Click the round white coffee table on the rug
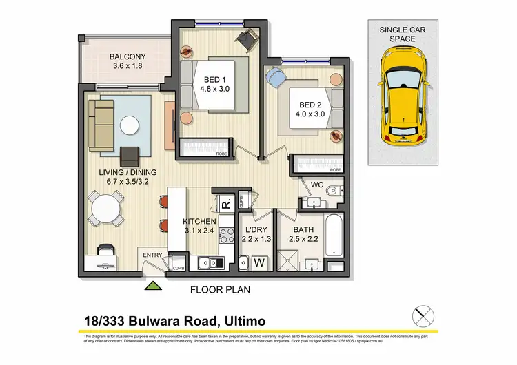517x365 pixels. click(129, 125)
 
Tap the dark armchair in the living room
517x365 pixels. click(130, 156)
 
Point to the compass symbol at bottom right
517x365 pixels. click(423, 317)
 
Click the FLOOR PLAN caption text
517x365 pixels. click(220, 290)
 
